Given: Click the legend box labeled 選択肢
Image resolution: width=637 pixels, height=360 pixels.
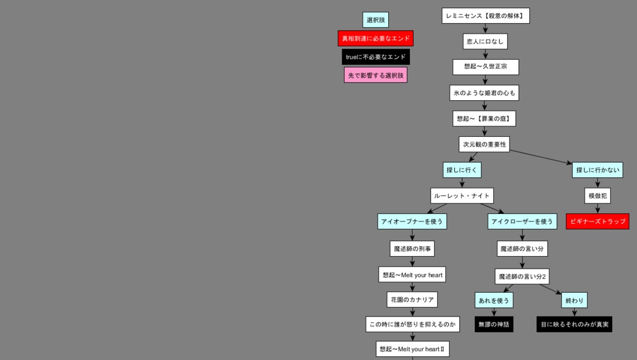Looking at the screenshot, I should click(375, 20).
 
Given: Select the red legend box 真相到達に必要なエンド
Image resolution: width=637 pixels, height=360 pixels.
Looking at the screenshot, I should click(376, 39).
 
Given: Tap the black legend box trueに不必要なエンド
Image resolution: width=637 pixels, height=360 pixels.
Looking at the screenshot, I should click(376, 57).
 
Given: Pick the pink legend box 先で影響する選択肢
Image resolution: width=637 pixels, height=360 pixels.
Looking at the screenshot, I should click(376, 75).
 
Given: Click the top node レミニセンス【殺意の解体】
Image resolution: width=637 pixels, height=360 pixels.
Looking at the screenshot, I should click(485, 16).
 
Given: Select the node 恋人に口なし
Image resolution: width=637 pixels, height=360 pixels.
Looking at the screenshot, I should click(485, 41).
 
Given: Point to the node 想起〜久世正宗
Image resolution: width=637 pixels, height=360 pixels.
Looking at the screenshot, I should click(485, 67).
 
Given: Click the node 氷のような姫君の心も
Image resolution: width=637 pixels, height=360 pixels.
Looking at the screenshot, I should click(484, 93).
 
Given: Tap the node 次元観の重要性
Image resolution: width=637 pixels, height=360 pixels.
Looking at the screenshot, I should click(485, 144).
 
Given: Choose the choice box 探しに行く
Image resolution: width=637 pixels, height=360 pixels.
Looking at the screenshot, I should click(462, 170).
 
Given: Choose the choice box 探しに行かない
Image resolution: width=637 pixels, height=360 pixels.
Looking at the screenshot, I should click(597, 170).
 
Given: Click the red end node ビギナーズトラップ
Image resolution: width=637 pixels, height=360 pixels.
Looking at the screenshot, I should click(597, 221).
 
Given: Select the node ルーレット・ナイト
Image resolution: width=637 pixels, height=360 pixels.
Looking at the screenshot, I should click(462, 196).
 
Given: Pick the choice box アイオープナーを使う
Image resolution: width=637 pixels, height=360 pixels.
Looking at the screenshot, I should click(412, 221).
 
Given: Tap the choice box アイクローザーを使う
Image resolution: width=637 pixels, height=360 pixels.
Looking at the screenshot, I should click(521, 221).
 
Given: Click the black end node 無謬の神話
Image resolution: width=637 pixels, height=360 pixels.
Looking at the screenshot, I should click(493, 324).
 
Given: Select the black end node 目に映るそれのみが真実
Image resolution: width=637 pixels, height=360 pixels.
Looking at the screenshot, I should click(574, 324).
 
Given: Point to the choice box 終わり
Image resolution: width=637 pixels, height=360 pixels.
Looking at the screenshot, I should click(574, 300).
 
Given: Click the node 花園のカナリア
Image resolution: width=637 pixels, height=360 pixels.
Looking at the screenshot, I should click(412, 300).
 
